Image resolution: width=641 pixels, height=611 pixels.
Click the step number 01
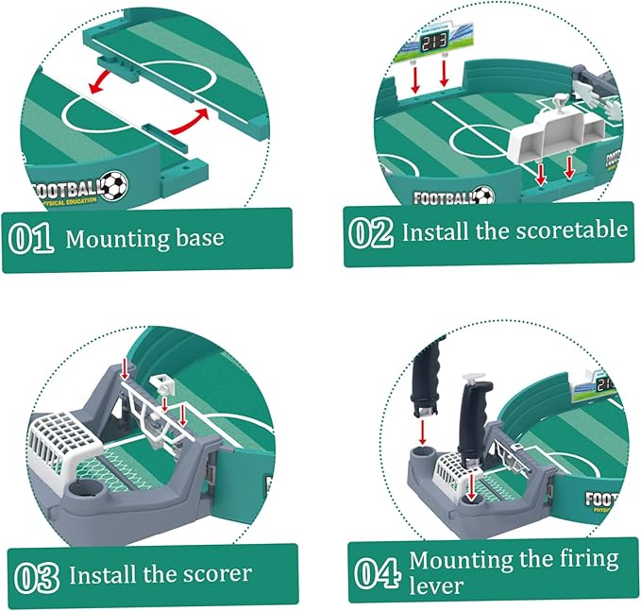point(31,237)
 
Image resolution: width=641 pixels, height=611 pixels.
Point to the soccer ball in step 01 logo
point(113,184)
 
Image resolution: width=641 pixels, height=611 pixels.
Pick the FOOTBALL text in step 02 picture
point(441,198)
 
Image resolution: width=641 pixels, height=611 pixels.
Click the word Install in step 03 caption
point(103,573)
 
